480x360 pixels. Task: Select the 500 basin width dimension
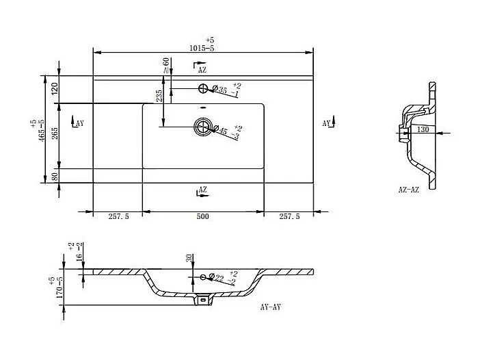pos(202,217)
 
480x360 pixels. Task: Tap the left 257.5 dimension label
pos(118,217)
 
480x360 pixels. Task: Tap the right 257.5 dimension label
pos(289,217)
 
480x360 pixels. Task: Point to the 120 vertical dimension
pos(55,88)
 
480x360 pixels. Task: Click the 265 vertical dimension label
pos(55,134)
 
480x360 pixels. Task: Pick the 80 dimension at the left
pos(55,177)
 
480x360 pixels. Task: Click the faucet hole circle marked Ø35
pos(202,88)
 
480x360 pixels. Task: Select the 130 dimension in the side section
pos(423,129)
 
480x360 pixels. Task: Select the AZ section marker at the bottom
pos(202,190)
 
